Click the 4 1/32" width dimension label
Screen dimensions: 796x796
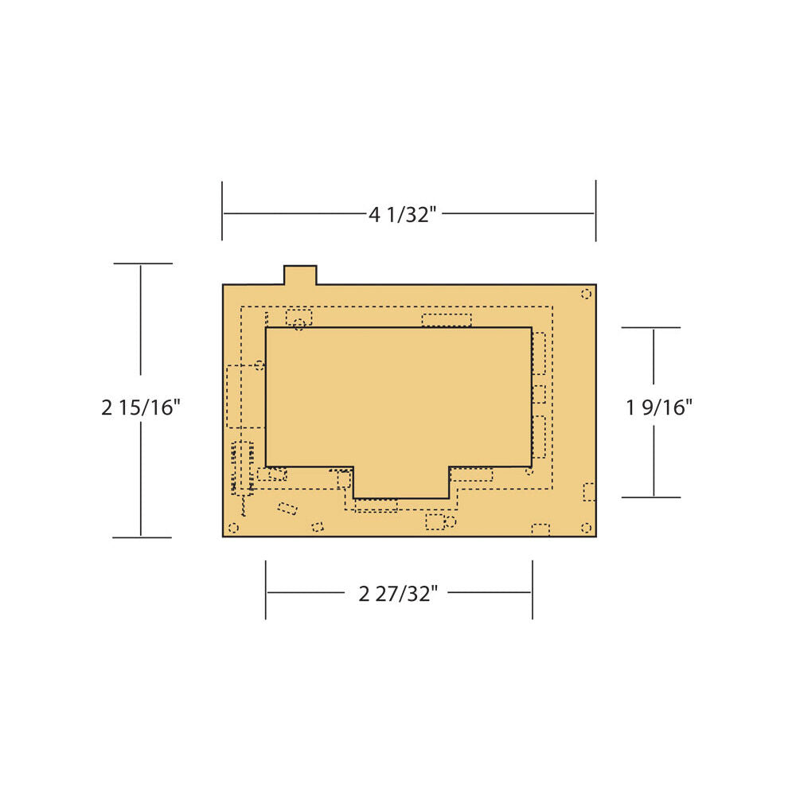pyautogui.click(x=403, y=215)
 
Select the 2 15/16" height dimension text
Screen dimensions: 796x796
pyautogui.click(x=141, y=407)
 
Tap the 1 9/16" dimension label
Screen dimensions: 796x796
pyautogui.click(x=659, y=407)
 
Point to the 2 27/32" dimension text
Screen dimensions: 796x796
pyautogui.click(x=398, y=594)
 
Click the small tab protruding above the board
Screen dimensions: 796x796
pyautogui.click(x=300, y=275)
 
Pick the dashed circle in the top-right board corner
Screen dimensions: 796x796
pyautogui.click(x=587, y=294)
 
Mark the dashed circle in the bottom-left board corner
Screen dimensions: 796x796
pyautogui.click(x=233, y=528)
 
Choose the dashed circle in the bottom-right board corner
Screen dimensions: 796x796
pyautogui.click(x=587, y=528)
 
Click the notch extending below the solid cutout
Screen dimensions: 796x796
pyautogui.click(x=401, y=483)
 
